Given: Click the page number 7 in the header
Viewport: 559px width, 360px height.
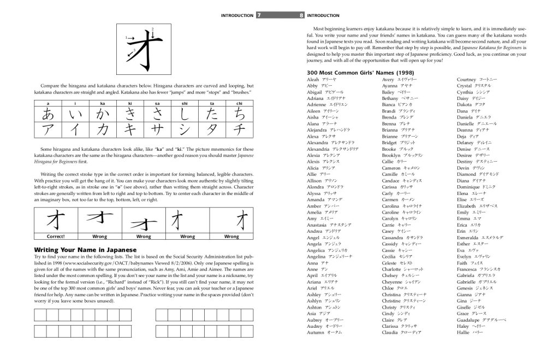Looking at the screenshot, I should [x=259, y=15].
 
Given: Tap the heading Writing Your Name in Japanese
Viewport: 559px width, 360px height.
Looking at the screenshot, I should [x=81, y=250].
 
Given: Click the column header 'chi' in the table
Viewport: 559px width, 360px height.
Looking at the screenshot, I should [x=239, y=103].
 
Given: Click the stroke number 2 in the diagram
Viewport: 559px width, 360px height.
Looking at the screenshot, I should [x=152, y=28].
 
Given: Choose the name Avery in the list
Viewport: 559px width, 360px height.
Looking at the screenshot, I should [x=389, y=80].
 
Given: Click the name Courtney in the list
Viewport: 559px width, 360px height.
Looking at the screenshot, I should [x=467, y=80].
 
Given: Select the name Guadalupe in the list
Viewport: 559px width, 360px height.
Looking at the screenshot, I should [x=470, y=320].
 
